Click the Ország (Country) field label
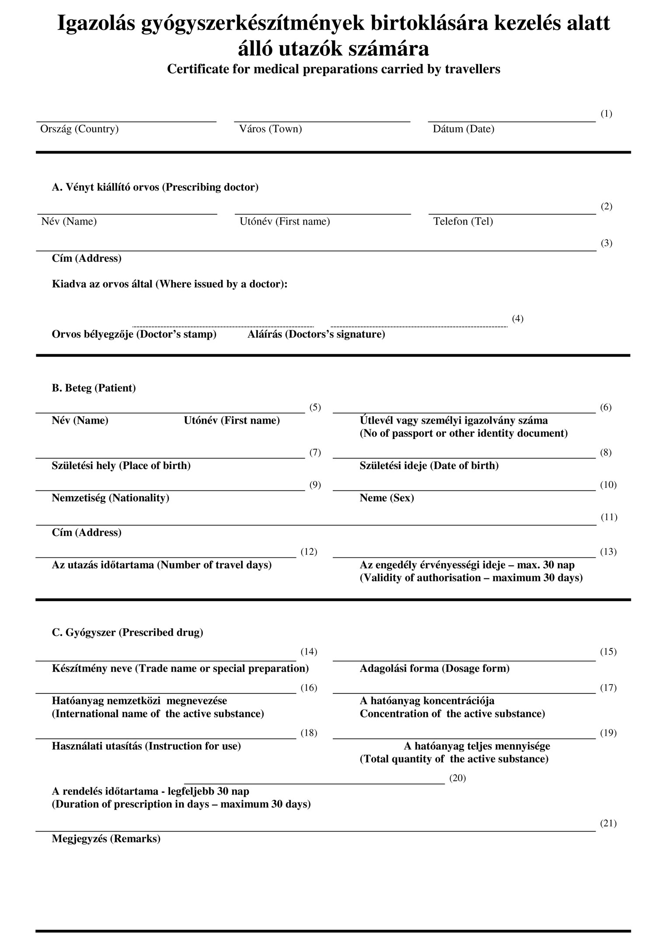pyautogui.click(x=79, y=129)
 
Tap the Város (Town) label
pyautogui.click(x=270, y=129)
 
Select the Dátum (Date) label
pyautogui.click(x=464, y=129)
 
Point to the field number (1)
pyautogui.click(x=606, y=114)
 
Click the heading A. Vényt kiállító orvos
pyautogui.click(x=155, y=187)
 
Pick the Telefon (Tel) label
pyautogui.click(x=463, y=221)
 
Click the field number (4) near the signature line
pyautogui.click(x=517, y=318)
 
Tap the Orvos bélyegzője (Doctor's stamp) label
pyautogui.click(x=134, y=334)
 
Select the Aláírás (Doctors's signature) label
pyautogui.click(x=316, y=334)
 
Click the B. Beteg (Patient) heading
pyautogui.click(x=94, y=388)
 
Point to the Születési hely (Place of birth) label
pyautogui.click(x=121, y=466)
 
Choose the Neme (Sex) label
pyautogui.click(x=387, y=498)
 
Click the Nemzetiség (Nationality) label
pyautogui.click(x=110, y=498)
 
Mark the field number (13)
pyautogui.click(x=608, y=552)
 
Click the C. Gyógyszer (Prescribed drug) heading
pyautogui.click(x=127, y=633)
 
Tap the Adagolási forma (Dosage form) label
pyautogui.click(x=434, y=668)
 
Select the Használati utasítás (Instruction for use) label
pyautogui.click(x=146, y=746)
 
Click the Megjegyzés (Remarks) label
pyautogui.click(x=106, y=839)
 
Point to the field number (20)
pyautogui.click(x=457, y=778)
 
